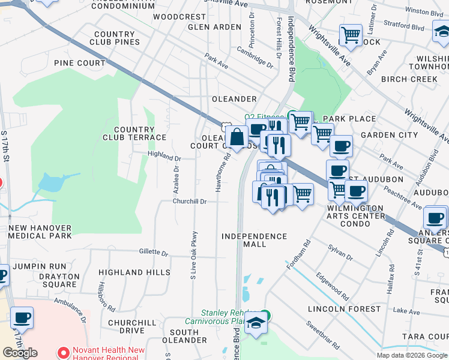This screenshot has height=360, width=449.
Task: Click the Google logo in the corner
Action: click(20, 353)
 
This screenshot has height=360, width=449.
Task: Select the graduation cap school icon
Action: click(256, 326)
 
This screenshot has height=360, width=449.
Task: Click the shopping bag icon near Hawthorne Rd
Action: click(237, 137)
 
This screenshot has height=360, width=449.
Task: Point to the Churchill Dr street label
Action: click(190, 202)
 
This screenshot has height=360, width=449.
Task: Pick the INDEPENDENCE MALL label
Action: click(254, 241)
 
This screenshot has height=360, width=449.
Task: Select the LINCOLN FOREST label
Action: click(343, 309)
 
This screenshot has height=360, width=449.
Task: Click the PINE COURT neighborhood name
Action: click(79, 63)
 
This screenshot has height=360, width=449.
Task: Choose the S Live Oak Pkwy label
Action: click(193, 255)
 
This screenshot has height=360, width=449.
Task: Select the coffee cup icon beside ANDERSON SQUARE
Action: click(435, 217)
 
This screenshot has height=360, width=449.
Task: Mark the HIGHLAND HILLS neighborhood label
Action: click(134, 272)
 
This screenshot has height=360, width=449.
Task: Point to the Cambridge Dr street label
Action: click(255, 61)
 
